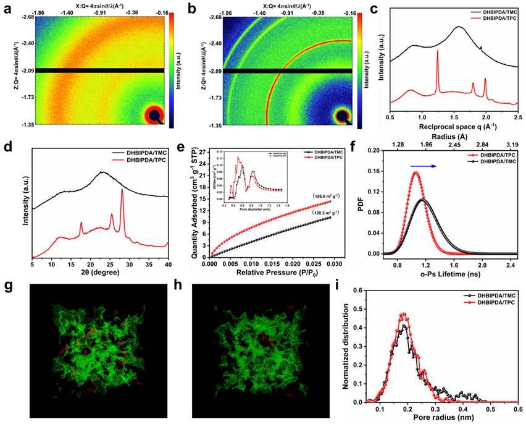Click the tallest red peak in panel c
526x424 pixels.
coord(437,52)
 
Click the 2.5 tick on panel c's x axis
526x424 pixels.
coord(517,116)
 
